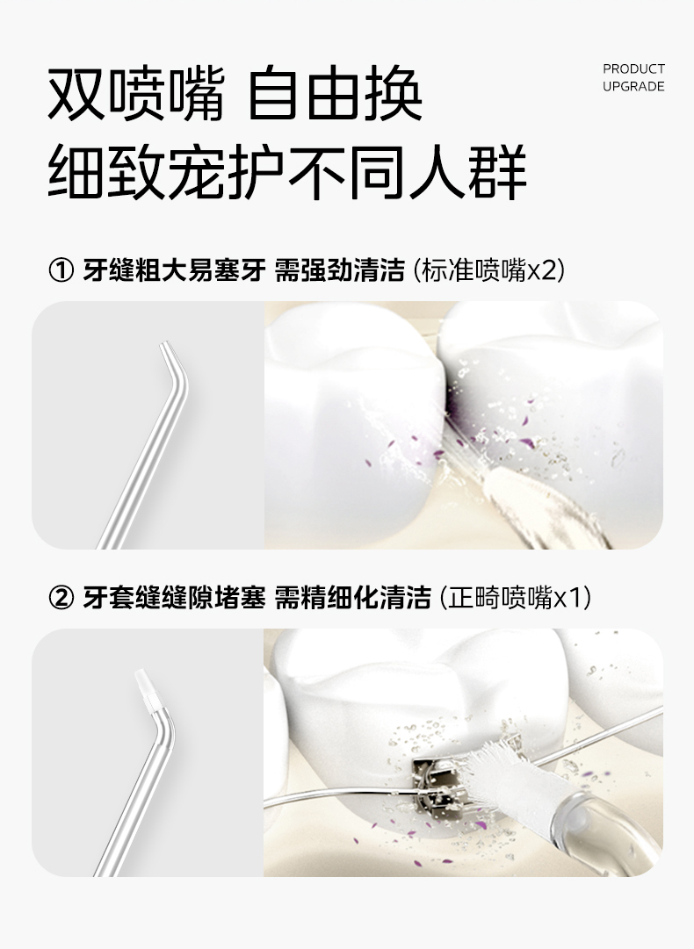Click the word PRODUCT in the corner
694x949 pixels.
(x=633, y=69)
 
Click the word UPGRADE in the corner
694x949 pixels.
(x=633, y=87)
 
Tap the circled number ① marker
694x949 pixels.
(x=61, y=270)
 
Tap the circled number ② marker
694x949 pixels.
(x=61, y=598)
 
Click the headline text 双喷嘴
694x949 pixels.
(x=136, y=95)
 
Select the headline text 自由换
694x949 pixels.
(x=336, y=95)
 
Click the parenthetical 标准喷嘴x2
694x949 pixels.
(x=488, y=270)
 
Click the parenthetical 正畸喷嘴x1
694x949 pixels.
(x=516, y=598)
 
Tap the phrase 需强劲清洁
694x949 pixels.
(x=340, y=270)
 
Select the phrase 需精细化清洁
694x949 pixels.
(x=353, y=598)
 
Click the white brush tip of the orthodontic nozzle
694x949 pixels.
(x=145, y=690)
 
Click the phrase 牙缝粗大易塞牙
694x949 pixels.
(x=175, y=270)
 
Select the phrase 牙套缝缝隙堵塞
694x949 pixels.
(x=175, y=598)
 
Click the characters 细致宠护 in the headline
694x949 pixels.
(x=165, y=172)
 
